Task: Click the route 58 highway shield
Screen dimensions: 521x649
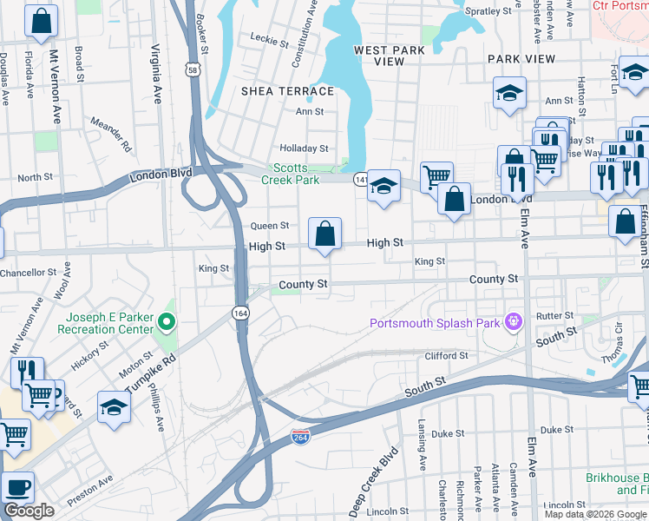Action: pos(192,69)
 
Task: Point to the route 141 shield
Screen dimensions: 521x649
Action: pos(360,179)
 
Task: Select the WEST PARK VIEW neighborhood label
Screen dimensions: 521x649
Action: pos(390,56)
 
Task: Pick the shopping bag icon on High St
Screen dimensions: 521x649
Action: pos(324,234)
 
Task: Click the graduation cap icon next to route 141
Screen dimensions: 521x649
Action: pos(383,186)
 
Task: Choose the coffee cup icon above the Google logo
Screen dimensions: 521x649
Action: pos(16,488)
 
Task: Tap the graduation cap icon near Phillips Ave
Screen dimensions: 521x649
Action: pos(114,407)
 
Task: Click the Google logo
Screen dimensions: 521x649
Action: pos(29,511)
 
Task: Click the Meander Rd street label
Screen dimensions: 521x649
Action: pos(110,134)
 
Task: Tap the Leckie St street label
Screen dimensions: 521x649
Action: pos(269,40)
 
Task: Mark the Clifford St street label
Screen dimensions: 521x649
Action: pos(446,356)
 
